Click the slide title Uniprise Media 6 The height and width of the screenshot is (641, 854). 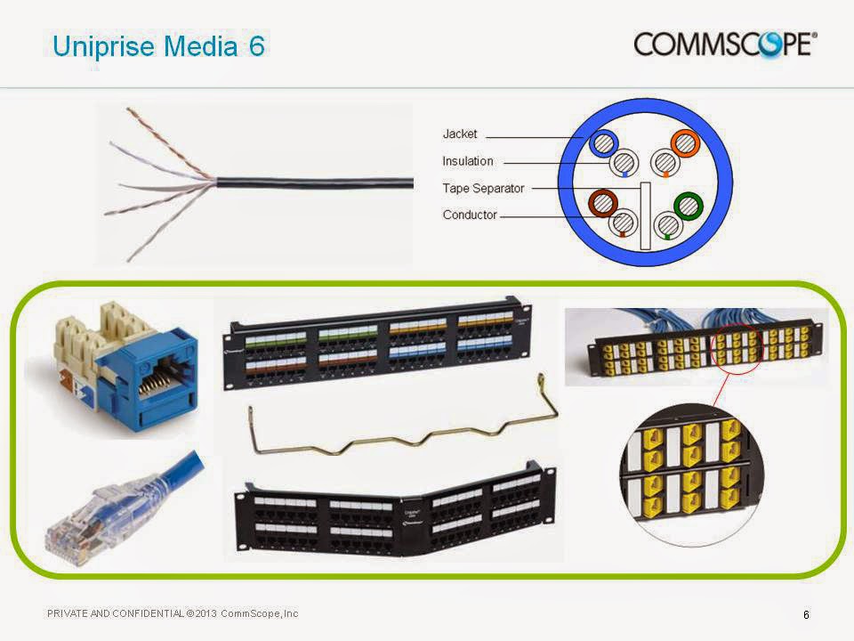(x=158, y=46)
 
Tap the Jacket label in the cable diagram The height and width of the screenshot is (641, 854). (x=460, y=134)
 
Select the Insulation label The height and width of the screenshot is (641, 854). (x=467, y=161)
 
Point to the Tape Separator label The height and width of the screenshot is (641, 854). (x=483, y=189)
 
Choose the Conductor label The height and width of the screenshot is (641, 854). (x=470, y=215)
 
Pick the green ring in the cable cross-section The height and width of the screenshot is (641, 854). (x=688, y=206)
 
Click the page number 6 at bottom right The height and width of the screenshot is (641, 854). (x=806, y=614)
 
